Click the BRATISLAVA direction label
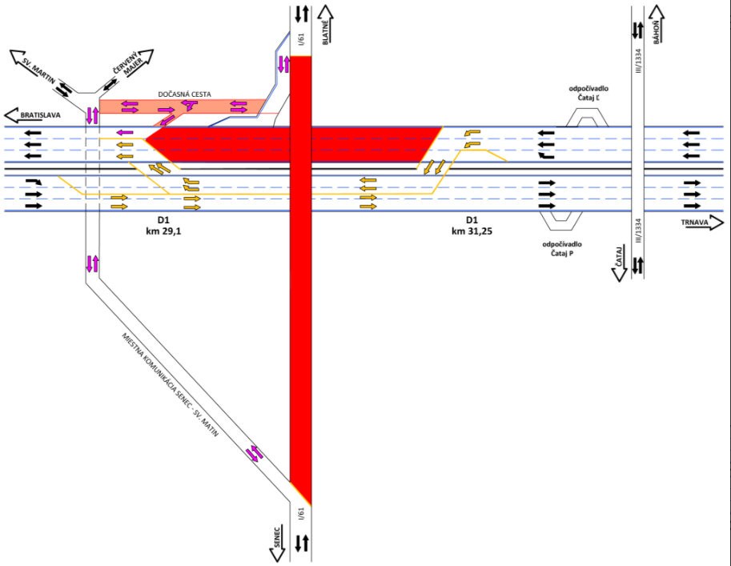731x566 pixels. tap(40, 115)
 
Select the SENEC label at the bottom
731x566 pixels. tap(277, 537)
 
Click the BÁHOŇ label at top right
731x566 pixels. tap(657, 32)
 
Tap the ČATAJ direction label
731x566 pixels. tap(619, 257)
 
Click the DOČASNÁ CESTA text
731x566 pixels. tap(185, 94)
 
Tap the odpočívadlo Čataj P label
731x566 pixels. tap(562, 248)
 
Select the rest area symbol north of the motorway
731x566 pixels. tap(587, 118)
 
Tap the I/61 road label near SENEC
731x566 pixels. tap(301, 513)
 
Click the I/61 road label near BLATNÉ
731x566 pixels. tap(301, 38)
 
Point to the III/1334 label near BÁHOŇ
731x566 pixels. tap(639, 61)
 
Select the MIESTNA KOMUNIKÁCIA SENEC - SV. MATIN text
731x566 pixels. tap(171, 384)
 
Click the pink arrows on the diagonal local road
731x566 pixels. tap(255, 454)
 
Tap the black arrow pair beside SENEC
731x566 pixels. tap(302, 543)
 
